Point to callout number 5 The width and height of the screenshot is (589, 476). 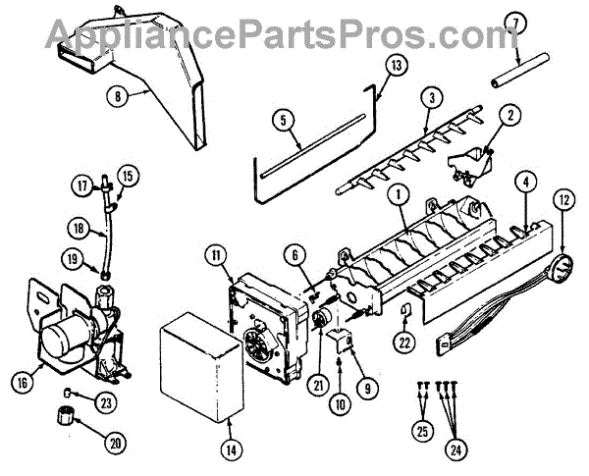click(x=283, y=120)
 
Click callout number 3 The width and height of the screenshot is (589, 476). click(x=430, y=98)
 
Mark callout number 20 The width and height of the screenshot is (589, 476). click(x=118, y=443)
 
